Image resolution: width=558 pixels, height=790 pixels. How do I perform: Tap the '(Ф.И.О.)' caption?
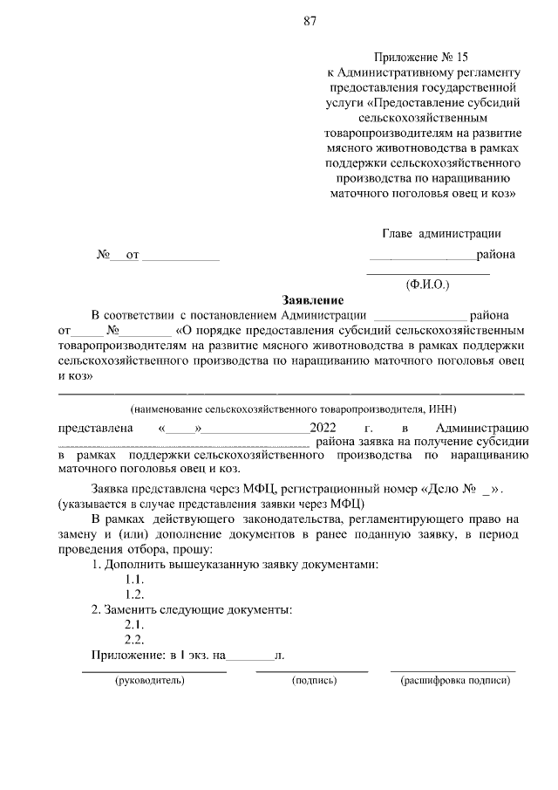point(427,285)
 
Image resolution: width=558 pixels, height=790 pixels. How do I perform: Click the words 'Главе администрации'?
point(441,233)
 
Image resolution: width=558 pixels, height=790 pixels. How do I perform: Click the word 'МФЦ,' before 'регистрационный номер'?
point(260,489)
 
